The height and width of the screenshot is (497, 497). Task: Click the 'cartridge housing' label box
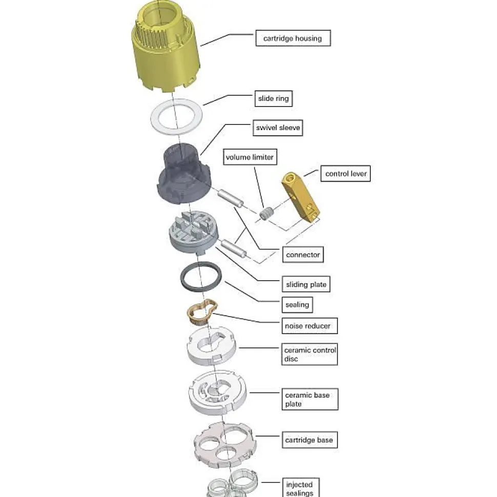pos(293,38)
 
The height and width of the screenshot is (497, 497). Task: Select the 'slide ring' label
pos(274,98)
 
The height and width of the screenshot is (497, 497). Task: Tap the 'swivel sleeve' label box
pos(278,128)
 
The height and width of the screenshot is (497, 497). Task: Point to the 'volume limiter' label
pos(250,157)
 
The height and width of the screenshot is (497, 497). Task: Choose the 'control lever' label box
pos(346,174)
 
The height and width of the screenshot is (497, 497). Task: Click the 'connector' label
pos(303,255)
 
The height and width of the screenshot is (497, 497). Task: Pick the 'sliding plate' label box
pos(306,284)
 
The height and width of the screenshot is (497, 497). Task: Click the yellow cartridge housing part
pos(165,49)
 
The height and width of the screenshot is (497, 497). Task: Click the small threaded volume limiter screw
pos(265,214)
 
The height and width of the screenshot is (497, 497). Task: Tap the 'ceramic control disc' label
pos(310,355)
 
